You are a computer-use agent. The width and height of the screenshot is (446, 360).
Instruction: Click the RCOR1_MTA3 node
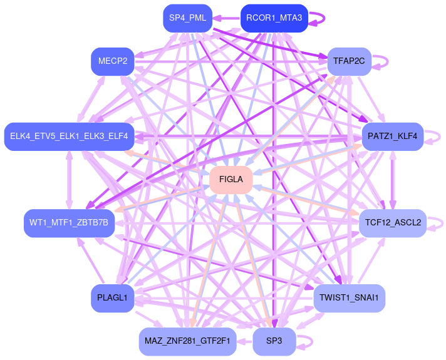coord(274,18)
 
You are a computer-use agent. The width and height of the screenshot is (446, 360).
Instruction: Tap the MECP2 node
coord(113,61)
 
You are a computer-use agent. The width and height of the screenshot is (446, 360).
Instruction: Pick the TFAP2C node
coord(350,61)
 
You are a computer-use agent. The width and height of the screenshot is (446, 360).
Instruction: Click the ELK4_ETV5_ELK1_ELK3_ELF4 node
coord(69,136)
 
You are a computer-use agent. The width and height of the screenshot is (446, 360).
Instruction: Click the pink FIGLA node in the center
coord(231,180)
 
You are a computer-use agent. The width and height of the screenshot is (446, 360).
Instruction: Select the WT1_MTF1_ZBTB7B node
coord(69,223)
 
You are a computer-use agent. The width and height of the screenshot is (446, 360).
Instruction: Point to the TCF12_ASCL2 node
coord(393,223)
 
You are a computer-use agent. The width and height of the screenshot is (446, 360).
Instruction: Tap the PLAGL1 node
coord(112,298)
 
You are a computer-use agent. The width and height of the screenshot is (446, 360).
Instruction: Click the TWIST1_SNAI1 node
coord(349,298)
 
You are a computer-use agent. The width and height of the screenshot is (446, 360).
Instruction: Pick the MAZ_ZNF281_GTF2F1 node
coord(187,341)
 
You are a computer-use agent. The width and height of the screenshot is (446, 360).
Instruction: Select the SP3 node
coord(274,341)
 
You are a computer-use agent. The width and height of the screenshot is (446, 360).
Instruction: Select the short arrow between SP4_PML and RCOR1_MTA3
coord(227,18)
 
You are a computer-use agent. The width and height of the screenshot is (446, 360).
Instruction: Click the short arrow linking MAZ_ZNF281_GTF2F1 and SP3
coord(244,341)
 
